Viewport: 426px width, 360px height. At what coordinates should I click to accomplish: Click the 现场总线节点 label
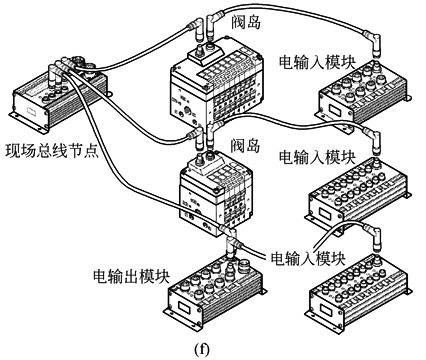[52, 151]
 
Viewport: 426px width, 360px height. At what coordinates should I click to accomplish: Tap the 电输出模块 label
[132, 276]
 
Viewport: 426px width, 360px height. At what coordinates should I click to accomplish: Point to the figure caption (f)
[202, 349]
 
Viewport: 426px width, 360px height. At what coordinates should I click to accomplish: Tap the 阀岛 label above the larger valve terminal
[246, 23]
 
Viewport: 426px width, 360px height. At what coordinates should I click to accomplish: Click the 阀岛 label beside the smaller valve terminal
[245, 145]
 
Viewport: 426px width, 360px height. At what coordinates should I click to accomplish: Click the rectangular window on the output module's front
[182, 306]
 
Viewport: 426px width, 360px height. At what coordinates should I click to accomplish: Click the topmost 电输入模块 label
[317, 62]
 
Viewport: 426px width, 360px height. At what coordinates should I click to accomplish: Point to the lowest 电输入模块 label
[308, 258]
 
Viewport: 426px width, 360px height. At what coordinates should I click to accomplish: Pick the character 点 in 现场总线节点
[91, 151]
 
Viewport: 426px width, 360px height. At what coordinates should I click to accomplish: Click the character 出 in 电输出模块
[132, 276]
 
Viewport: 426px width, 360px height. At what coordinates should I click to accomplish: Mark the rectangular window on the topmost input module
[333, 109]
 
